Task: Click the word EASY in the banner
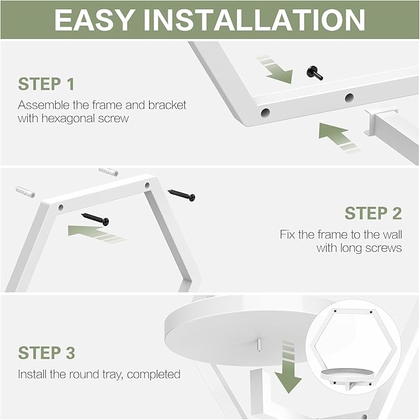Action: pos(95,20)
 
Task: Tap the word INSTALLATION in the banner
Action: pos(254,20)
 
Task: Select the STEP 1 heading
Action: pos(46,84)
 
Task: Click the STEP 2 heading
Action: pos(373,213)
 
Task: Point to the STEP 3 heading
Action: pos(46,353)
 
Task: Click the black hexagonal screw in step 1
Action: pos(315,73)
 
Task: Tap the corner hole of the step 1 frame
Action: pos(265,112)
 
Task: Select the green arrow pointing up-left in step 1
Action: pos(337,137)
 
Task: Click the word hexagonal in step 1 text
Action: pos(69,119)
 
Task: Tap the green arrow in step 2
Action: pos(95,233)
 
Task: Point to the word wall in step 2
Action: pos(392,234)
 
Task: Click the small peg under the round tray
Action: pos(259,345)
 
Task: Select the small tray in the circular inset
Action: pos(348,375)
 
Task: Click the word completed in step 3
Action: pos(153,374)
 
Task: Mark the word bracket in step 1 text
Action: pos(167,105)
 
